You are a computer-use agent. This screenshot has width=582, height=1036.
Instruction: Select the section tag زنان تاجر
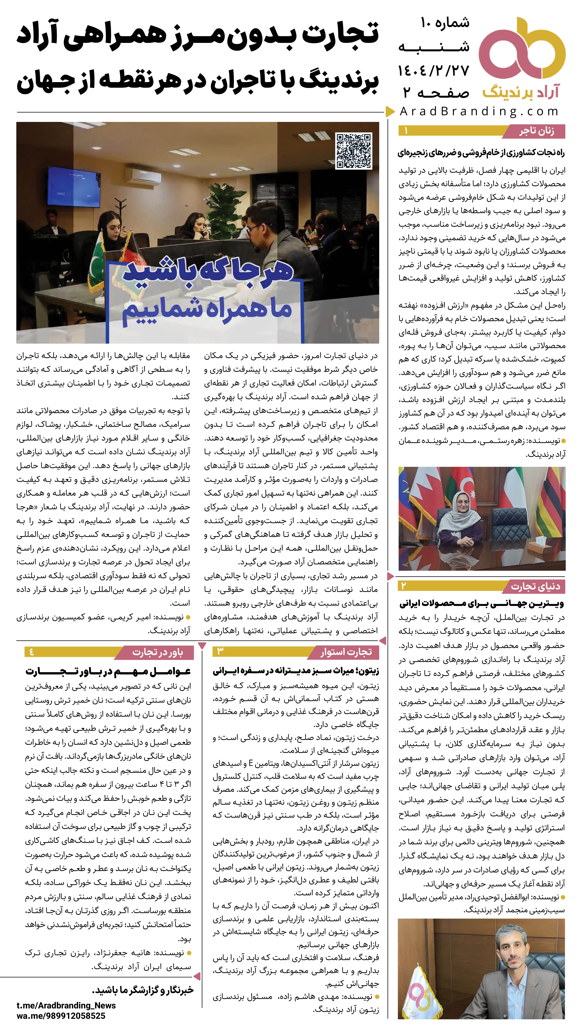536,131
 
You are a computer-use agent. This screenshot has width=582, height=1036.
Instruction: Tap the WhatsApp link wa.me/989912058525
61,1016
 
